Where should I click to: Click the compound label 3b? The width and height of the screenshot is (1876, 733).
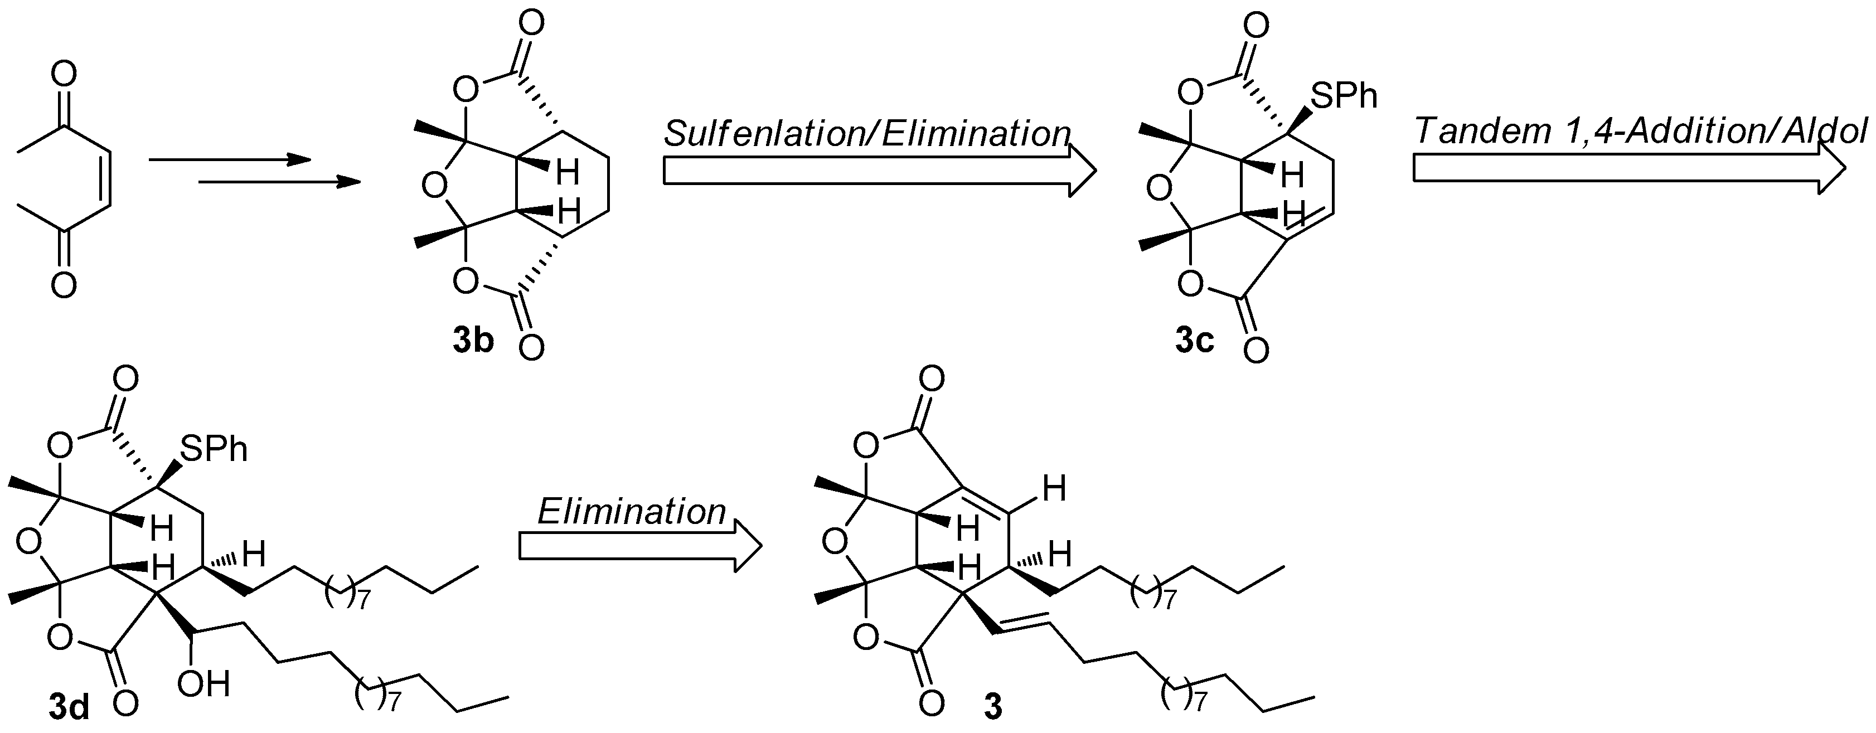pos(473,341)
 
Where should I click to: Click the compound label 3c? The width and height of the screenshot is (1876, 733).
pos(1194,341)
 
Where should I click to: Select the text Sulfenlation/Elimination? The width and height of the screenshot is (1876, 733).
pos(866,134)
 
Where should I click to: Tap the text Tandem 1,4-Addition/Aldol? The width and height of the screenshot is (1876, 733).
pos(1642,131)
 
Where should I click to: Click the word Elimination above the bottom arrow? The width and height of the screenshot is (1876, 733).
pos(632,512)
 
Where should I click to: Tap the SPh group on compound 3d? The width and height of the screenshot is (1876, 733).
pos(214,449)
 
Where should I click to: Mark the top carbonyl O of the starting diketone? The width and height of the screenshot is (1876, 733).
pos(64,76)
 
